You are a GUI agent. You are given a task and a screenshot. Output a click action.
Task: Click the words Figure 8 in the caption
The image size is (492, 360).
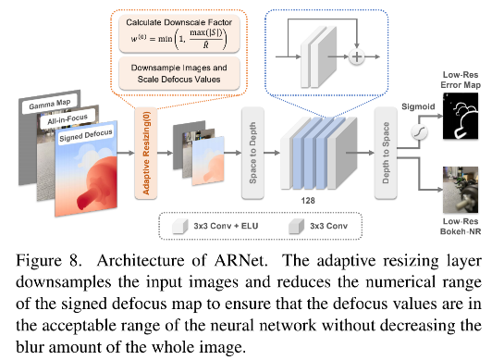(x=39, y=255)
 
